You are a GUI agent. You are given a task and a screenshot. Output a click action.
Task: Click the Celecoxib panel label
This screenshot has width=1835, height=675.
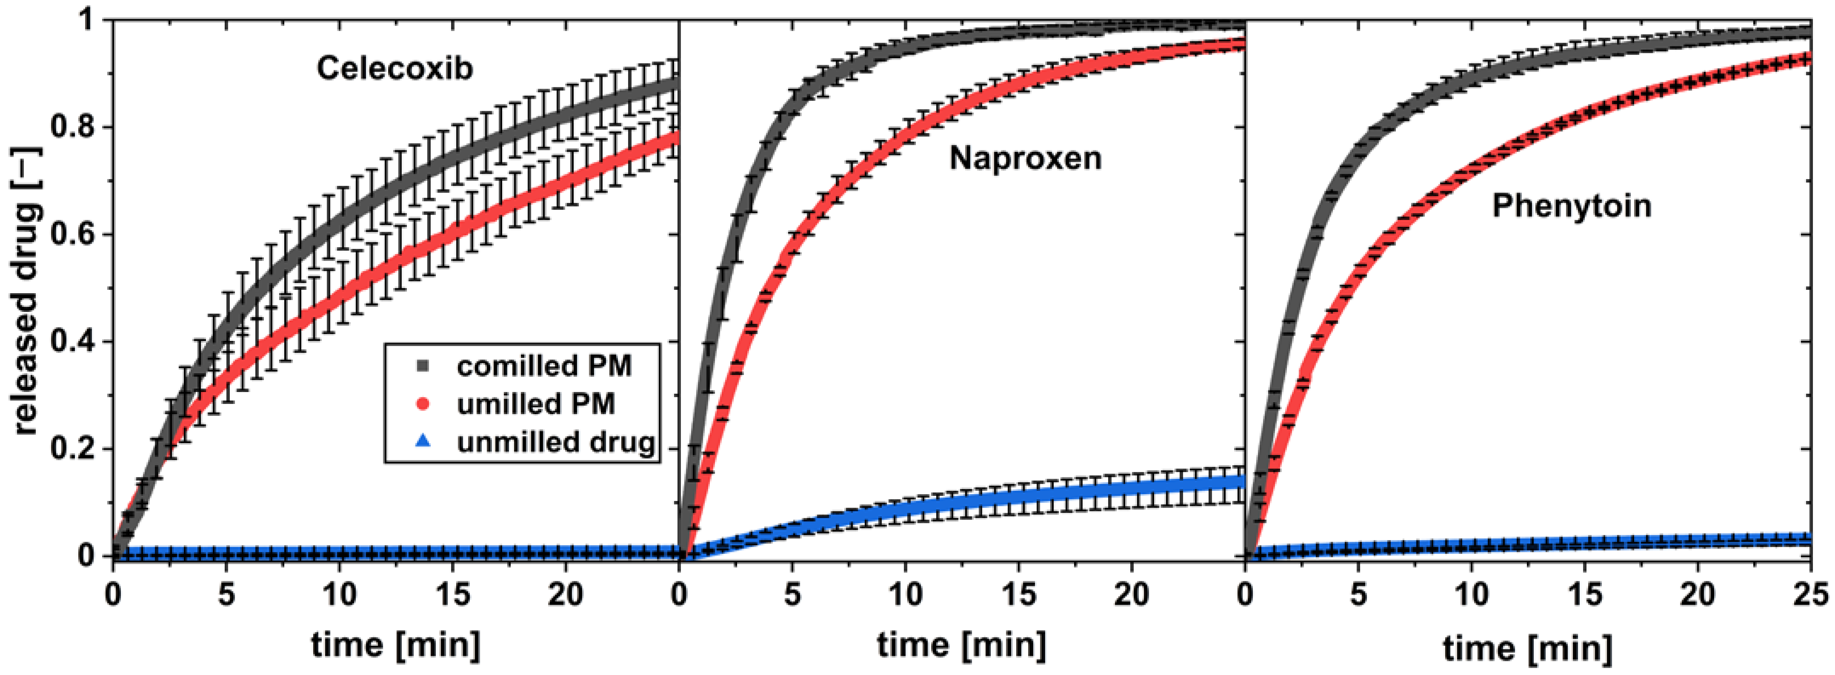(x=394, y=69)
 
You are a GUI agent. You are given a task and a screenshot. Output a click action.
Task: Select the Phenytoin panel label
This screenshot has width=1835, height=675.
(x=1572, y=206)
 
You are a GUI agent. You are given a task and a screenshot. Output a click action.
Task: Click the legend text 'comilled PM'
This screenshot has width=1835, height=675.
(x=544, y=366)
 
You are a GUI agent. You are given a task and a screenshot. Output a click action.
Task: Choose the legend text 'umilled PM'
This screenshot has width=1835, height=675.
(x=536, y=404)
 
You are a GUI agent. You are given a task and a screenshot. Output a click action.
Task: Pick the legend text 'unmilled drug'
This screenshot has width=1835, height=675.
(x=556, y=443)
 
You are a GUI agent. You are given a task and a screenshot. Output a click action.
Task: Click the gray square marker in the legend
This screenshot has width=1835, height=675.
(x=423, y=366)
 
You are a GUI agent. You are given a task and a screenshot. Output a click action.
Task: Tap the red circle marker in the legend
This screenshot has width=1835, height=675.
(x=423, y=405)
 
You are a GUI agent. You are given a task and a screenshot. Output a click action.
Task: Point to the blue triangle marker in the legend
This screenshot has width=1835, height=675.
(x=423, y=443)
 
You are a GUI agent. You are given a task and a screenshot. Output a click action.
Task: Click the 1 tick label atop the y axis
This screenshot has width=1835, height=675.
(x=87, y=21)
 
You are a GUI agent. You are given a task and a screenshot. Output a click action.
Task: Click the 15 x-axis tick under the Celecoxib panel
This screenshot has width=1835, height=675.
(x=452, y=594)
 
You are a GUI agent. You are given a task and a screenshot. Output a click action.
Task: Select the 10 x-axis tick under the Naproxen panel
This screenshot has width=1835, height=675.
(x=906, y=594)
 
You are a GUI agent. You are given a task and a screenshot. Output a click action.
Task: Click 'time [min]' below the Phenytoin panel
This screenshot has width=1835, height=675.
(x=1528, y=647)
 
